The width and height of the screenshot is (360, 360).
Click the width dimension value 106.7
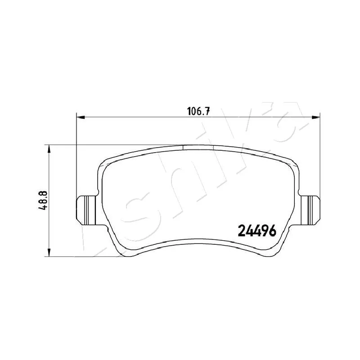(x=199, y=112)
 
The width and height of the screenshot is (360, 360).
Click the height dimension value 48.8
(x=43, y=200)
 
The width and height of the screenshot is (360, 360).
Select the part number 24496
(x=257, y=231)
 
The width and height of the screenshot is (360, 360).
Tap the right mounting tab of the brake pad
(x=310, y=210)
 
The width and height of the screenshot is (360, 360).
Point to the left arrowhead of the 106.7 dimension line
(x=81, y=117)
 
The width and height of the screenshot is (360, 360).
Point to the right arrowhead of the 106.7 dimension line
(x=316, y=117)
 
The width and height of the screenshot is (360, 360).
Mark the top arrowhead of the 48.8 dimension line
(x=49, y=149)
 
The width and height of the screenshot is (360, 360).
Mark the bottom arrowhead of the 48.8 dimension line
(x=49, y=252)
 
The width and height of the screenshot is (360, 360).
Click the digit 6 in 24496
(x=272, y=231)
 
